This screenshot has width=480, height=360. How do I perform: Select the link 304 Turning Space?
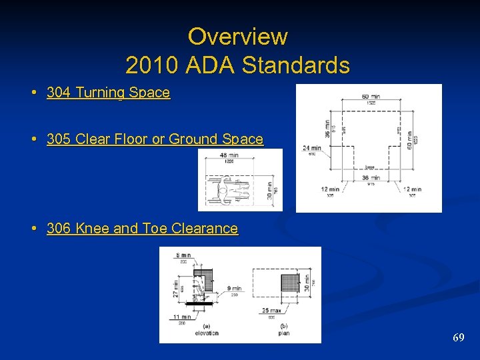tap(108, 93)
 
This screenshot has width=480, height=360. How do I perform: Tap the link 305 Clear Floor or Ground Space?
tap(155, 139)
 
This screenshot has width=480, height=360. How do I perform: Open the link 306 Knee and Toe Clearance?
tap(142, 229)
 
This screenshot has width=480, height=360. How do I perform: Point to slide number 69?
tap(459, 338)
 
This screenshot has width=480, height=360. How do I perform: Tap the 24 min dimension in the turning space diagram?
tap(311, 147)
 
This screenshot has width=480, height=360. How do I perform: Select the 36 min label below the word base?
tap(371, 178)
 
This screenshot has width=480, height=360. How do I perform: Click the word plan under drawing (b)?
tap(284, 333)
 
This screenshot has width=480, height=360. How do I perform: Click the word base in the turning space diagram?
tap(369, 168)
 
